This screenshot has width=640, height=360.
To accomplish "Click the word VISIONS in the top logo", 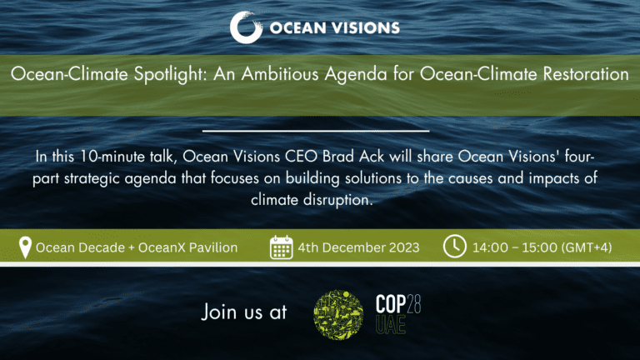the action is tap(366, 27).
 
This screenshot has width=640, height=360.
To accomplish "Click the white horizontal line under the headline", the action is tap(316, 131).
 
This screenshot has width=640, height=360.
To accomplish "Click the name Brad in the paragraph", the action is tap(338, 157).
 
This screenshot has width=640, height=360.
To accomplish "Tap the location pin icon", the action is tap(25, 247).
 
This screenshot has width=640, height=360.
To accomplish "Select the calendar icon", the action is tap(281, 247).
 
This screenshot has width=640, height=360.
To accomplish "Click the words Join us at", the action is tap(244, 312).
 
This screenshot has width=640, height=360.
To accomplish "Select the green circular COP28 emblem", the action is tap(338, 314).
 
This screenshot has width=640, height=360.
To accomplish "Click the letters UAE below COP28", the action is tap(391, 325).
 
